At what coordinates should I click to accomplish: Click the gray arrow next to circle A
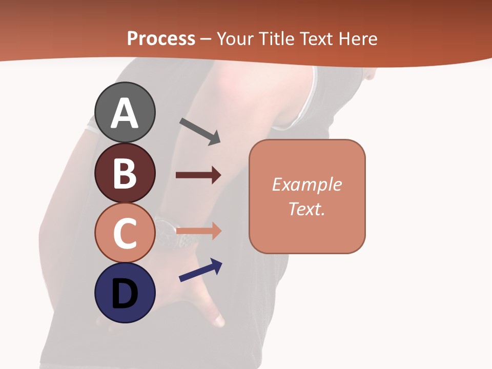tap(200, 131)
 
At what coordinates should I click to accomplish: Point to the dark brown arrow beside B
tap(198, 175)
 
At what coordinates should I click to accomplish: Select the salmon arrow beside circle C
tap(199, 231)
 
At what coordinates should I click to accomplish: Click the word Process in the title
tap(161, 38)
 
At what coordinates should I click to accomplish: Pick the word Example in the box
tap(306, 184)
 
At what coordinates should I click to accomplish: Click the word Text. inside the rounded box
tap(306, 209)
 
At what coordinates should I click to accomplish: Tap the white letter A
tap(125, 114)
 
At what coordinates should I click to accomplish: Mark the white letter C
tap(125, 234)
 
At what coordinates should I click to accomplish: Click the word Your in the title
tap(236, 39)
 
